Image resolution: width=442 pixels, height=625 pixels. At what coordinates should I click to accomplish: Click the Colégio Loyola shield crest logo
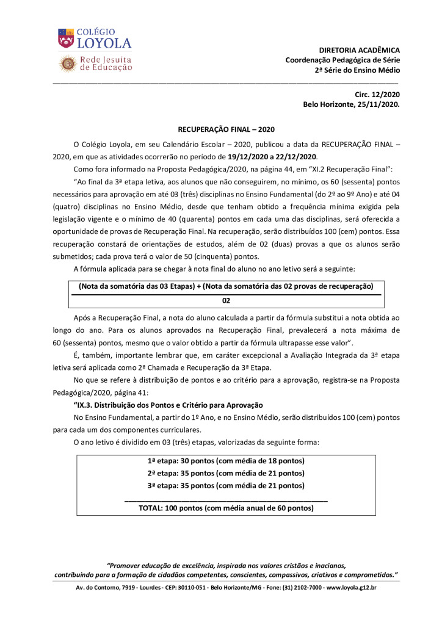(x=65, y=38)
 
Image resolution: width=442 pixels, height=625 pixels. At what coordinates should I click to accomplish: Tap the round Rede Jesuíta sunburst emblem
(x=67, y=63)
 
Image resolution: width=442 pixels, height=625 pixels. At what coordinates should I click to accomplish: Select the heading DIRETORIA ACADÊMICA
(x=360, y=49)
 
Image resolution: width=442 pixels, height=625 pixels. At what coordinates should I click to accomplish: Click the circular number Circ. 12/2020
(x=377, y=94)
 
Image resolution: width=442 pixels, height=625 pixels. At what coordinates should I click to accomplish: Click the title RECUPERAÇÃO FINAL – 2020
(x=226, y=129)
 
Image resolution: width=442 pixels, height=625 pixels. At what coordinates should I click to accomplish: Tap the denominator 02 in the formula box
(x=226, y=301)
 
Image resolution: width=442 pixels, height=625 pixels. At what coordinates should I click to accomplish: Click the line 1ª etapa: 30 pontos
(x=226, y=460)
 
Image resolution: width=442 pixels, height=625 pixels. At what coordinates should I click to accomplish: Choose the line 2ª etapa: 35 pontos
(x=226, y=472)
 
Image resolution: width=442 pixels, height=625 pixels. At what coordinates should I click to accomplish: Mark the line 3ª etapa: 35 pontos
(x=226, y=485)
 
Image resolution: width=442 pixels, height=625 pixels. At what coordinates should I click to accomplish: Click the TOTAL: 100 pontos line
(x=226, y=508)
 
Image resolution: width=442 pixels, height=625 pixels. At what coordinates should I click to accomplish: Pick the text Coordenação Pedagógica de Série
(x=342, y=60)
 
